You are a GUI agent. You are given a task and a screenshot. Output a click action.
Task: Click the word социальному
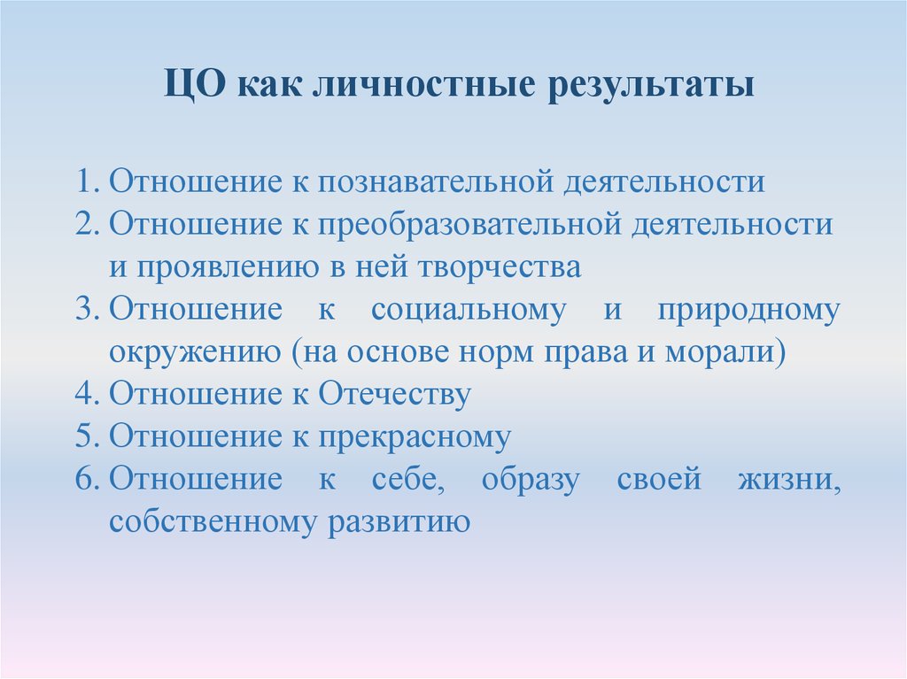pos(469,310)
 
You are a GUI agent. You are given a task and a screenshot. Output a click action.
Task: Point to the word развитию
pos(399,523)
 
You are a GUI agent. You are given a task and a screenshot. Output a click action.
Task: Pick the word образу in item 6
pos(531,481)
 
